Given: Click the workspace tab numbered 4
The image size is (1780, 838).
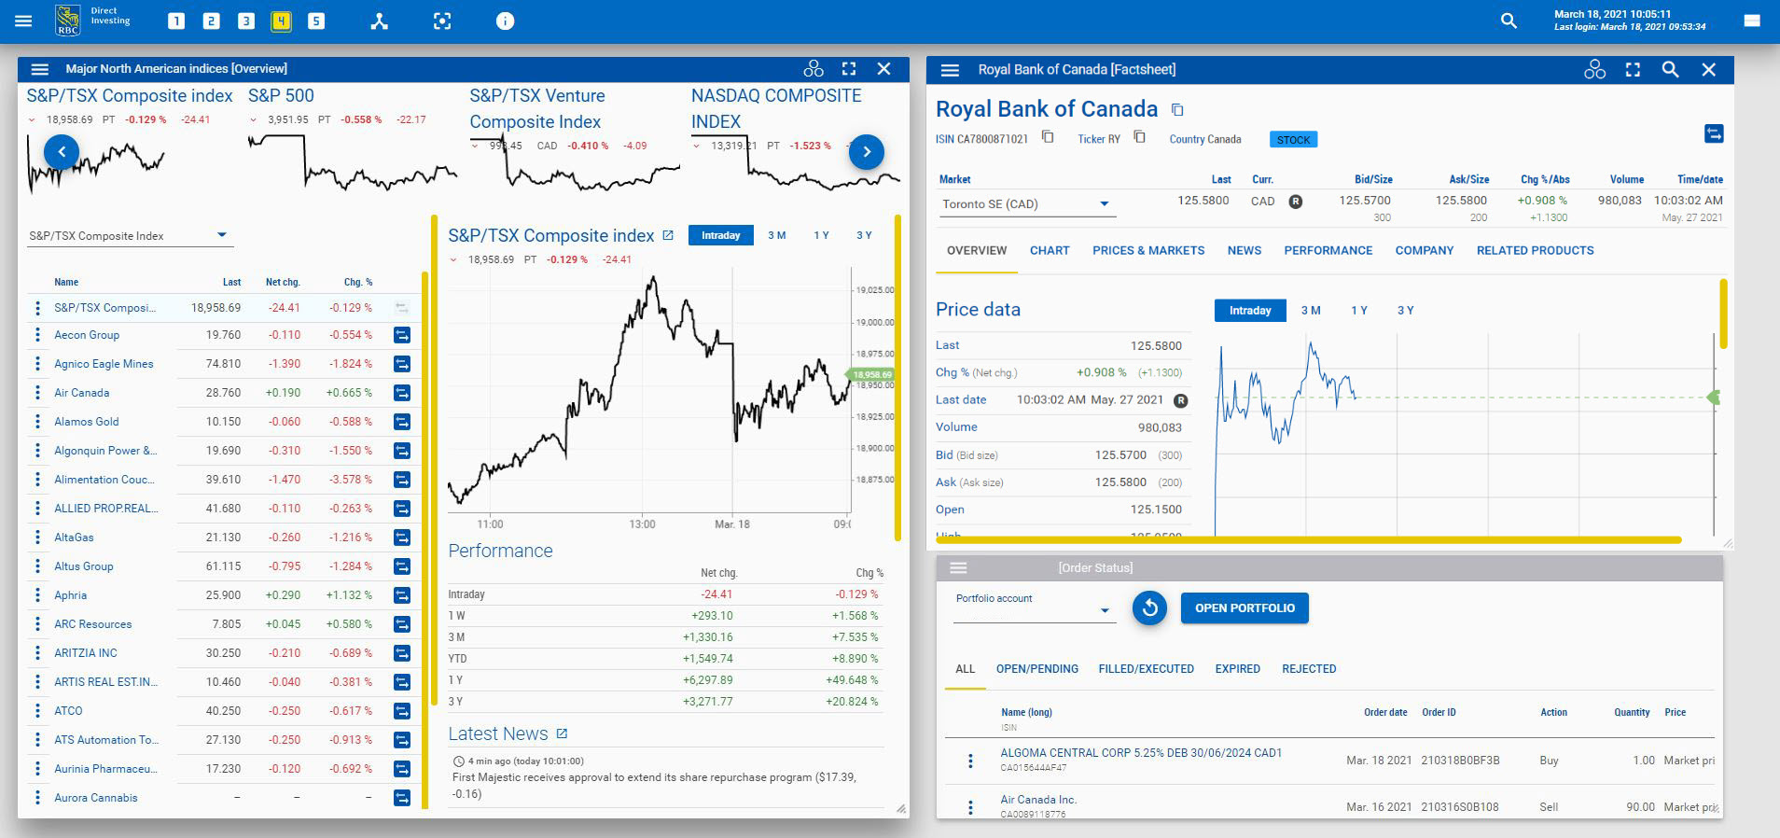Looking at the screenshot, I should click(x=281, y=21).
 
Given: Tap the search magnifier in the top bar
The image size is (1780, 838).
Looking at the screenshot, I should click(x=1508, y=21).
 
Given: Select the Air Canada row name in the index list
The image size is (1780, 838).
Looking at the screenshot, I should click(x=82, y=393).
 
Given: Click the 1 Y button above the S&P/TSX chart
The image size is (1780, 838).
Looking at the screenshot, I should click(x=821, y=235).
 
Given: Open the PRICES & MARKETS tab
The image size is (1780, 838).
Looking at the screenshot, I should click(x=1148, y=250).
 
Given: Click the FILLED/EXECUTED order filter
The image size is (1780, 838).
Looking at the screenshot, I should click(x=1146, y=668).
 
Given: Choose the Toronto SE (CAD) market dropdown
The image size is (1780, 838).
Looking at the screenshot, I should click(x=1026, y=203).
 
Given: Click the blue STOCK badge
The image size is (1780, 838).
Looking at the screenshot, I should click(x=1293, y=139).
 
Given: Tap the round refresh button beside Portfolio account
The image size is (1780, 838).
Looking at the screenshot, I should click(x=1149, y=608).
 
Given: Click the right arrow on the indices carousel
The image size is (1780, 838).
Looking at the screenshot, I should click(x=866, y=151).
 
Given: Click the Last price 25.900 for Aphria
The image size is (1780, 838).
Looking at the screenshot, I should click(x=223, y=594).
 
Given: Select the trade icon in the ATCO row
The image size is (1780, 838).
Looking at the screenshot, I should click(x=402, y=711).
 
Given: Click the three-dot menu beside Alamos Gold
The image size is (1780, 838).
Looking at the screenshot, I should click(x=37, y=422).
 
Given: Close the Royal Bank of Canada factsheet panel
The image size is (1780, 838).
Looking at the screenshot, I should click(x=1708, y=69).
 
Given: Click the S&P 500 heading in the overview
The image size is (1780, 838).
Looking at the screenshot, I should click(x=281, y=95).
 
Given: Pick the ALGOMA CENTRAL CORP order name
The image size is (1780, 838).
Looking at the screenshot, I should click(x=1140, y=752).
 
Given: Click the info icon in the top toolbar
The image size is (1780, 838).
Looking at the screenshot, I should click(x=505, y=21).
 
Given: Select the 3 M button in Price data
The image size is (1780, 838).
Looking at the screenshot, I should click(x=1310, y=310).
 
